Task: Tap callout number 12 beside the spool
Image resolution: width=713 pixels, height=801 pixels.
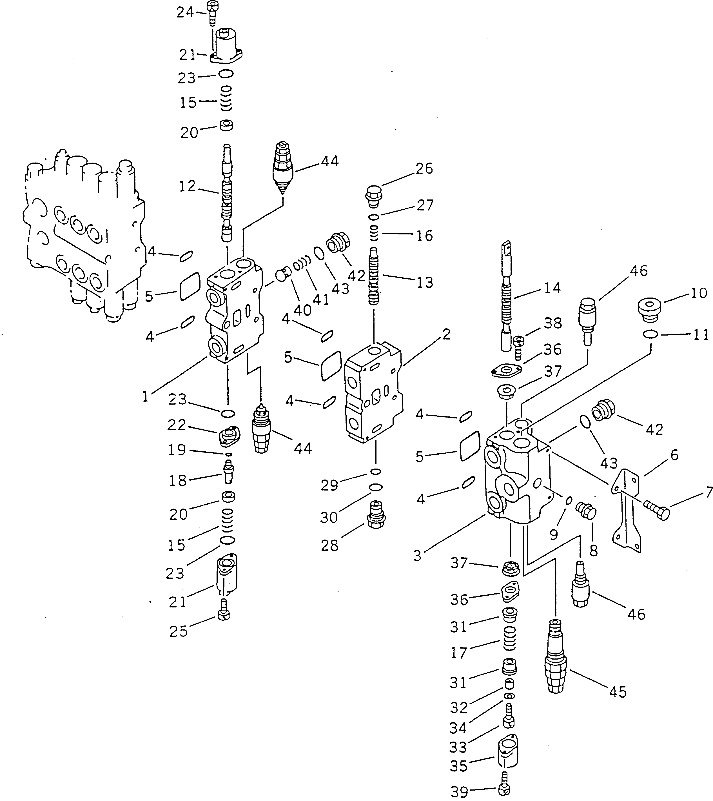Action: tap(187, 187)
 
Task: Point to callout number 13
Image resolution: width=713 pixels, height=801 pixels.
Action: tap(425, 283)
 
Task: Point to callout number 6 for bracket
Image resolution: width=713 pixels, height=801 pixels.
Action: tap(674, 455)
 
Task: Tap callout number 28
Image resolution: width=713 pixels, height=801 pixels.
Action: tap(329, 545)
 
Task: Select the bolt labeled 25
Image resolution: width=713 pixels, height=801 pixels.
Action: tap(224, 614)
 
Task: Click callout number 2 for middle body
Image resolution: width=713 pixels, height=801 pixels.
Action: tap(446, 334)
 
